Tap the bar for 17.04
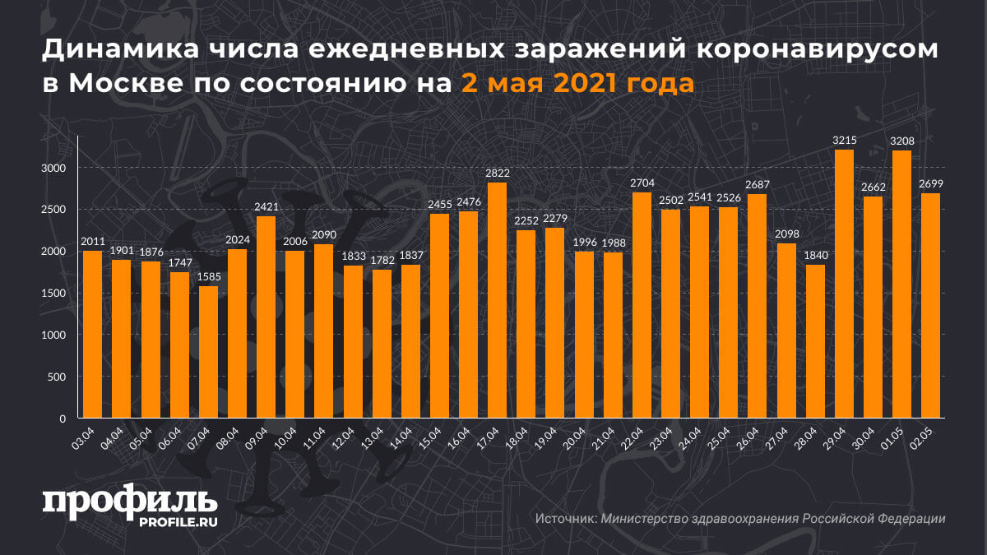pyautogui.click(x=497, y=300)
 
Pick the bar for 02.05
pyautogui.click(x=930, y=306)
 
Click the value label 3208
pyautogui.click(x=901, y=141)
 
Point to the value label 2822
pyautogui.click(x=497, y=173)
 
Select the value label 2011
pyautogui.click(x=92, y=241)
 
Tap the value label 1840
pyautogui.click(x=815, y=255)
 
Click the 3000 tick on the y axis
pyautogui.click(x=55, y=168)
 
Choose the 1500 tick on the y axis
pyautogui.click(x=55, y=294)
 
